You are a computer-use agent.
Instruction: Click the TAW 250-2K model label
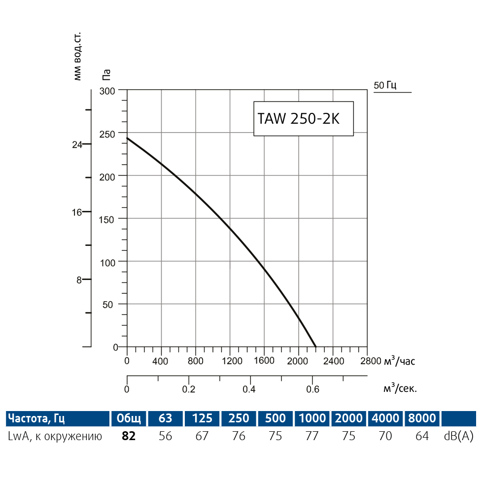[298, 119]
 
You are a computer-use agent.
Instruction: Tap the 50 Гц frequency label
[385, 85]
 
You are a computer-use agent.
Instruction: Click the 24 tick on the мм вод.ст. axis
[77, 145]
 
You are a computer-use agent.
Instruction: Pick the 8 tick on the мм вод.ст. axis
[78, 280]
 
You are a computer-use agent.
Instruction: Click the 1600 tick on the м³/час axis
[264, 361]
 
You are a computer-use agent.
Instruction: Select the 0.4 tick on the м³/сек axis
[250, 389]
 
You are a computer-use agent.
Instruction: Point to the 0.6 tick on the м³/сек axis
[312, 389]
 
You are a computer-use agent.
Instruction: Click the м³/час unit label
[400, 361]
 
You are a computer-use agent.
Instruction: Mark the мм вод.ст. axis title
[77, 57]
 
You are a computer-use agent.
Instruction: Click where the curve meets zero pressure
[315, 346]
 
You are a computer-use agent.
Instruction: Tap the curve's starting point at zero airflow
[128, 138]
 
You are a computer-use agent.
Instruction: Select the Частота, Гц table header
[35, 418]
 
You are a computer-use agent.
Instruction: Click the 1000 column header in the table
[312, 418]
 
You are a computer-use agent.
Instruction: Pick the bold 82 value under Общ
[128, 436]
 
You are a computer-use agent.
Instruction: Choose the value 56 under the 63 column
[166, 436]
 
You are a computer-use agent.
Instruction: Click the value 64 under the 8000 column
[422, 436]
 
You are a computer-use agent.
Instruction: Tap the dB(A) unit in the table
[458, 436]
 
